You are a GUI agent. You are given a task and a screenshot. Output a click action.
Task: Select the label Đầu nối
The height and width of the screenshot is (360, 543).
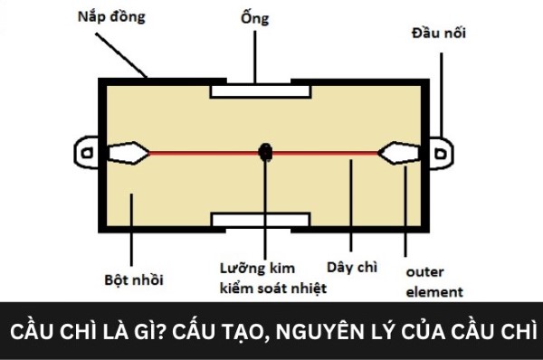435,36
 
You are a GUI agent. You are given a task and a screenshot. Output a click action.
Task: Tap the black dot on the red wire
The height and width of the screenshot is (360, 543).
265,153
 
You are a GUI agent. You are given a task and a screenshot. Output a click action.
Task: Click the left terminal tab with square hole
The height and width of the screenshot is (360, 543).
88,153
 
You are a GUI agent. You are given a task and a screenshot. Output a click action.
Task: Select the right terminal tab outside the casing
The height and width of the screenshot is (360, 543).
441,154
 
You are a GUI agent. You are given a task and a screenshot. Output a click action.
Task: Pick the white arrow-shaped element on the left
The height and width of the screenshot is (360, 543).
126,153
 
